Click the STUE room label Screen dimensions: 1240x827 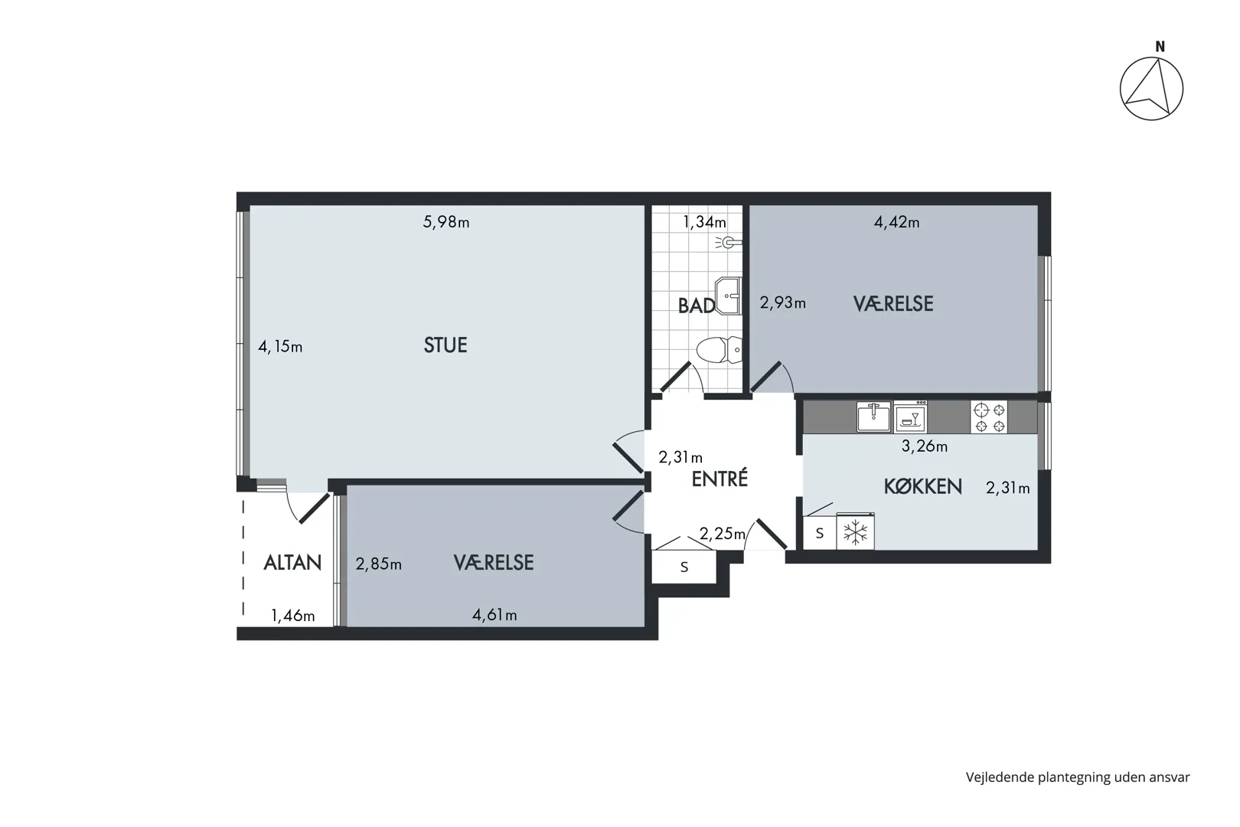pyautogui.click(x=445, y=345)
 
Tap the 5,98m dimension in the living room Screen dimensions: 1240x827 pyautogui.click(x=446, y=222)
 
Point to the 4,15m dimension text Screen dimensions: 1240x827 pyautogui.click(x=280, y=347)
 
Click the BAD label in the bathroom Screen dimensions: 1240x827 pyautogui.click(x=697, y=306)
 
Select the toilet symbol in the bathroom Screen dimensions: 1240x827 pyautogui.click(x=719, y=349)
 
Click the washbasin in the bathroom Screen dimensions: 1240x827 pyautogui.click(x=728, y=296)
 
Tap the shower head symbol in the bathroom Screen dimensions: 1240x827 pyautogui.click(x=729, y=242)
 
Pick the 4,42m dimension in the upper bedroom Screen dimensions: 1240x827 pyautogui.click(x=897, y=222)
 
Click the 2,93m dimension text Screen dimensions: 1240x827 pyautogui.click(x=782, y=303)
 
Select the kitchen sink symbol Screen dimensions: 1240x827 pyautogui.click(x=873, y=417)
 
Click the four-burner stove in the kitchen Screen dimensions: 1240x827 pyautogui.click(x=989, y=417)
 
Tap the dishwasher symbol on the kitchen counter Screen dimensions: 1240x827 pyautogui.click(x=910, y=417)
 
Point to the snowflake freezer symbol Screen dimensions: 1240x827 pyautogui.click(x=855, y=532)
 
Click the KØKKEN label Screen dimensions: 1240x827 pyautogui.click(x=923, y=486)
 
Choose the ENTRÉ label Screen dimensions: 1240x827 pyautogui.click(x=720, y=479)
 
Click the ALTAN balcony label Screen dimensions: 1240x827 pyautogui.click(x=292, y=563)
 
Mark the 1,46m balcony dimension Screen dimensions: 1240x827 pyautogui.click(x=293, y=616)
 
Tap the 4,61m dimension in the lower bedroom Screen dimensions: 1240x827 pyautogui.click(x=494, y=615)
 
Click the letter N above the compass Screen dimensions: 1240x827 pyautogui.click(x=1160, y=47)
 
